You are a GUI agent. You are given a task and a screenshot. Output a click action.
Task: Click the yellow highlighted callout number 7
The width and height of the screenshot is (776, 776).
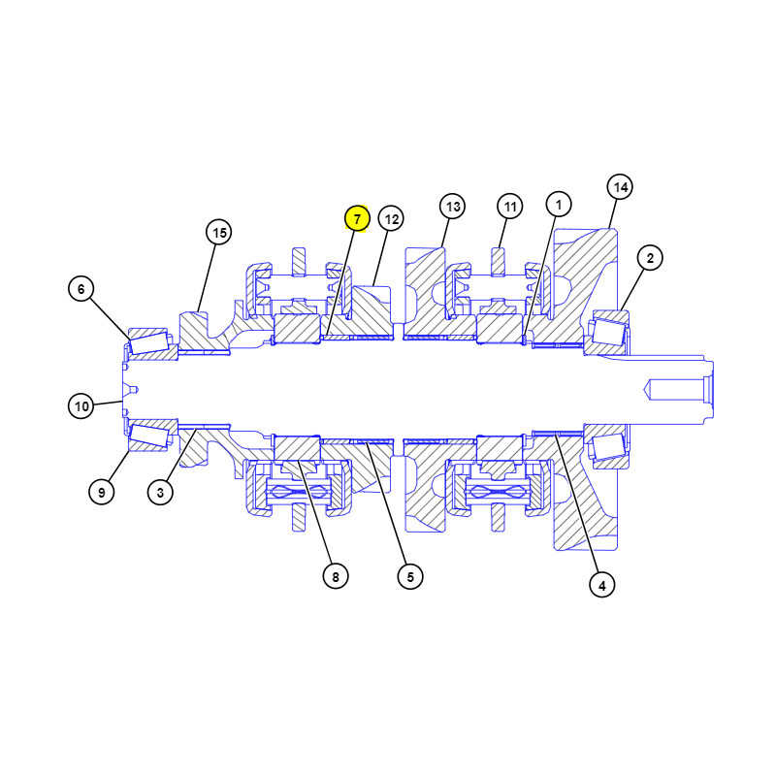[x=357, y=219]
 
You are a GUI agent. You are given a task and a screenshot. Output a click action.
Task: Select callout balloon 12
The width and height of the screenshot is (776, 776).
[x=391, y=219]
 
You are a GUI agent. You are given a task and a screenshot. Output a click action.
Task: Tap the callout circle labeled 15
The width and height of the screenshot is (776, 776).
[x=219, y=232]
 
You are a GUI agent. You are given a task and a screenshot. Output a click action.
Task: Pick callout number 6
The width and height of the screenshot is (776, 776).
[x=81, y=288]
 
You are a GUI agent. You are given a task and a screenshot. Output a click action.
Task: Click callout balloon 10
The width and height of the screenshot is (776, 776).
[x=81, y=406]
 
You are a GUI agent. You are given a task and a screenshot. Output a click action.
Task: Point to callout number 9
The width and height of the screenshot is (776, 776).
[x=102, y=492]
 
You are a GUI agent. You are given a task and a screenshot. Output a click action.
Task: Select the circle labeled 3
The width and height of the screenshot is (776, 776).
[x=160, y=493]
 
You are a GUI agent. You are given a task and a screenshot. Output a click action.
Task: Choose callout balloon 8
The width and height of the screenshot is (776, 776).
[x=336, y=576]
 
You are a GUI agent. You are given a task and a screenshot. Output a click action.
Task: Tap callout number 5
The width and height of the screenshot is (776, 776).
[x=410, y=576]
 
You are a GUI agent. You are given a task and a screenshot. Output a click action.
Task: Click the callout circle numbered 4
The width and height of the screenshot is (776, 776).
[x=601, y=585]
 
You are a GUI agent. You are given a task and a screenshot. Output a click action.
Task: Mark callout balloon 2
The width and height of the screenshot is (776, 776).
[x=650, y=258]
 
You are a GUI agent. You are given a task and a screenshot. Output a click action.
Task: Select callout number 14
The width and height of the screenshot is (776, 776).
[x=620, y=187]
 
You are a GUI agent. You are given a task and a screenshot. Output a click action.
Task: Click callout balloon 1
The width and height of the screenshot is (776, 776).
[x=559, y=204]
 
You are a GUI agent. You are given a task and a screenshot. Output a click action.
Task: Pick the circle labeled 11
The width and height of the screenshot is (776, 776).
[x=510, y=206]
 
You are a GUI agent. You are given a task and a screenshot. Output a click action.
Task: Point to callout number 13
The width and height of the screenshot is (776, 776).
[x=452, y=206]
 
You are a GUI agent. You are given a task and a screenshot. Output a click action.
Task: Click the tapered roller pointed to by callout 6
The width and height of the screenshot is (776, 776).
[x=148, y=342]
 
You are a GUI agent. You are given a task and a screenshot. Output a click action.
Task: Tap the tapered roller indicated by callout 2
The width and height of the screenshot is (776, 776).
[x=608, y=333]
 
